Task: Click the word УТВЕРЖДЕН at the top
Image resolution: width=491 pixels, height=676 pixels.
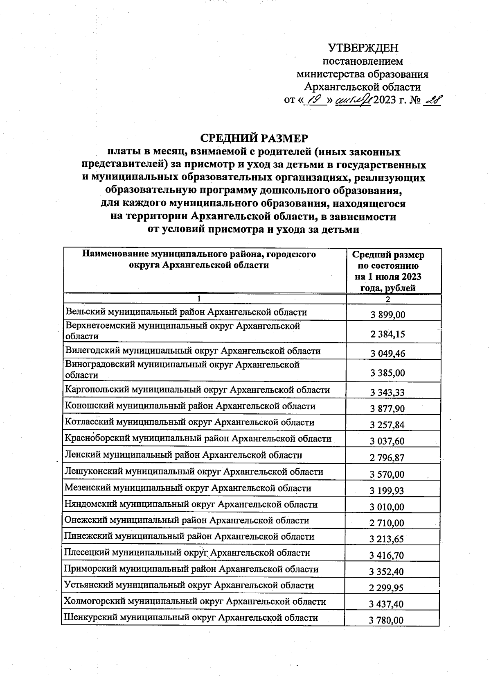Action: pos(363,48)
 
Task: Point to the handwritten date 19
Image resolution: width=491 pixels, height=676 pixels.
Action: pos(315,100)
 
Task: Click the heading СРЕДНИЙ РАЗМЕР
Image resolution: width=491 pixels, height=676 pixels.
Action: pos(254,138)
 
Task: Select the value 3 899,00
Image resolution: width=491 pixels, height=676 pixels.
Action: pos(387,315)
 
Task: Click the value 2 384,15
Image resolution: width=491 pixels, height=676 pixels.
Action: pos(387,334)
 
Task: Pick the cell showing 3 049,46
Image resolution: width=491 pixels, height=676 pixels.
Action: pos(387,354)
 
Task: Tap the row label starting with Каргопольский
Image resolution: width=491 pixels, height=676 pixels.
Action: pos(197,390)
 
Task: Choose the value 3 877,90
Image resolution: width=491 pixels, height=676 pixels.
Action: pos(387,409)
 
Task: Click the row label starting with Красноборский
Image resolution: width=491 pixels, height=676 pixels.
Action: pos(198,439)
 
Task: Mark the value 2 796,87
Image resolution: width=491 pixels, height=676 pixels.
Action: pos(387,458)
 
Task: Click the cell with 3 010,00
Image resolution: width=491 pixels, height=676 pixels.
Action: pos(387,507)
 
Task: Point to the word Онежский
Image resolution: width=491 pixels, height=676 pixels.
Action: pos(83,520)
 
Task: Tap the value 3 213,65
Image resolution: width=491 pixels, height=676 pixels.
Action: pos(387,540)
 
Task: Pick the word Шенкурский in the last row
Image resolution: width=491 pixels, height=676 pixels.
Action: pos(88,618)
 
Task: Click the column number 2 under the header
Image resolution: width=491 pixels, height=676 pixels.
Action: pos(387,299)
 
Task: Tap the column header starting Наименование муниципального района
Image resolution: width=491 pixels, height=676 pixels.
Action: pos(199,260)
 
